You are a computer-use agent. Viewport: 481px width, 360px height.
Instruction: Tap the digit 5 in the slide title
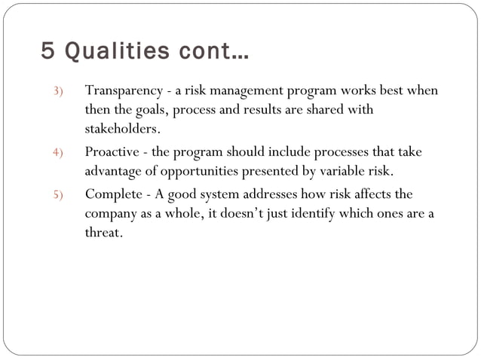tap(48, 53)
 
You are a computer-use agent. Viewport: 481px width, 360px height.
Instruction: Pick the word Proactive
tap(112, 152)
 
